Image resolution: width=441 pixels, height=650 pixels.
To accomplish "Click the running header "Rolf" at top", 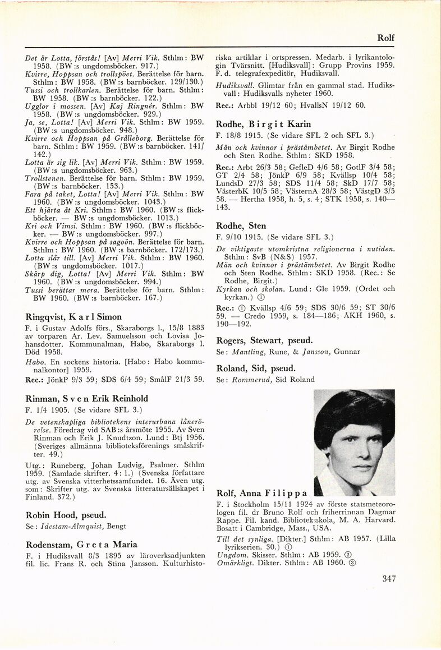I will click(385, 38).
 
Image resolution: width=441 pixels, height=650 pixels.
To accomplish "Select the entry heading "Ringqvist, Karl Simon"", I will click(73, 317).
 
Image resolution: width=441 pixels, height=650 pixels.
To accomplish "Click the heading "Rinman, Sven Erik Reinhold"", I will click(87, 399).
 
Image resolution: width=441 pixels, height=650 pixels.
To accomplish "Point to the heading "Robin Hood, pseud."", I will click(66, 515).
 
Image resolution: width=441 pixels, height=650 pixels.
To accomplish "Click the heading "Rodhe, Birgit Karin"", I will click(263, 124).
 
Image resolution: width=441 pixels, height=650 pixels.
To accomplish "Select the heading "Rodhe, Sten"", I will click(241, 226).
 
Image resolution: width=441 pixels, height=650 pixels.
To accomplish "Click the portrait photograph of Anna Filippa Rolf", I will click(354, 442).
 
